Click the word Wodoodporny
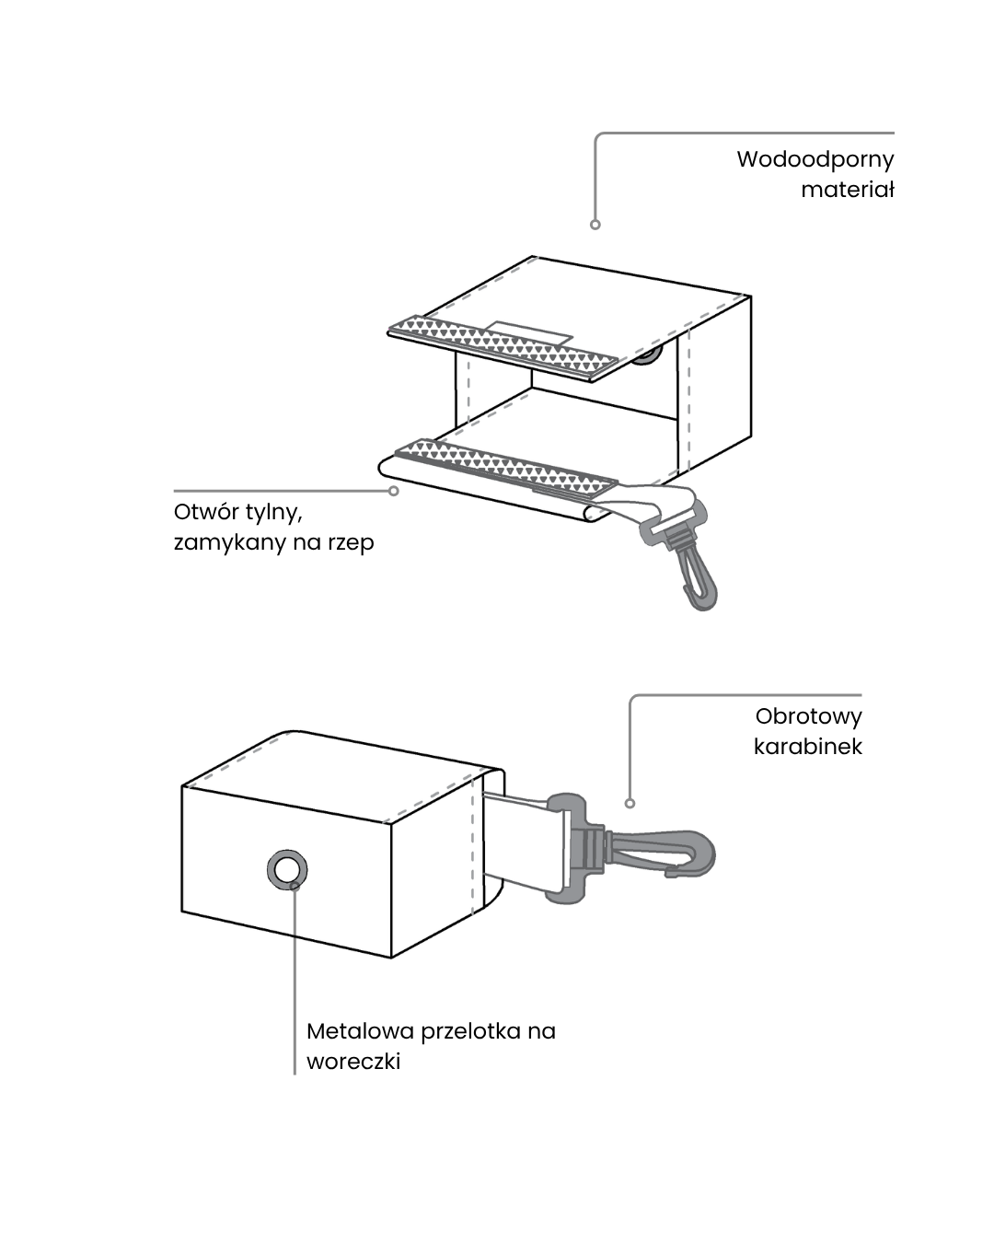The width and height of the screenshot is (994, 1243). (x=815, y=159)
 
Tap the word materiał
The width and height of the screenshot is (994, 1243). (x=847, y=190)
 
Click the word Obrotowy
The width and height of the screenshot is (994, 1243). (x=808, y=716)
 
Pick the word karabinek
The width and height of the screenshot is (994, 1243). (x=807, y=747)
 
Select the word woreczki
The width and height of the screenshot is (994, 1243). (x=353, y=1062)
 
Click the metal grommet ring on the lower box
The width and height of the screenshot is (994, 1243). (x=287, y=870)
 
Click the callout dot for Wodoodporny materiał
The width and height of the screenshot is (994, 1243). (x=595, y=225)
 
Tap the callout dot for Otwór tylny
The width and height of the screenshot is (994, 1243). (x=394, y=491)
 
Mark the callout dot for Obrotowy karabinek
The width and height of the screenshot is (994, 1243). (x=630, y=803)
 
